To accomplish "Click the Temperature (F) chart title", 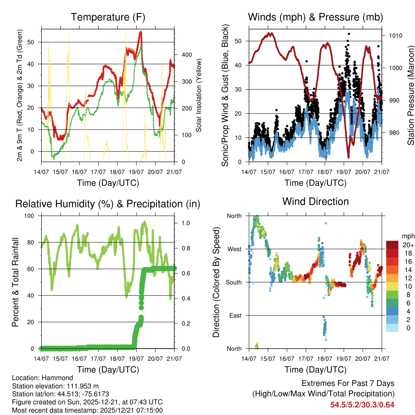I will (x=108, y=17).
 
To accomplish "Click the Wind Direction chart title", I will (x=315, y=201).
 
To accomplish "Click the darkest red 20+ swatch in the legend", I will (x=392, y=245).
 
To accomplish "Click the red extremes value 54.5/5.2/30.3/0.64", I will (x=362, y=405).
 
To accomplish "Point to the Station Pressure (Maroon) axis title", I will (x=411, y=95).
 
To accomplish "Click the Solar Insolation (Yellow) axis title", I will (x=199, y=95).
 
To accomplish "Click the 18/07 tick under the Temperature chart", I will (x=117, y=171).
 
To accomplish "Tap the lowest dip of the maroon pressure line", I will (x=348, y=157).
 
